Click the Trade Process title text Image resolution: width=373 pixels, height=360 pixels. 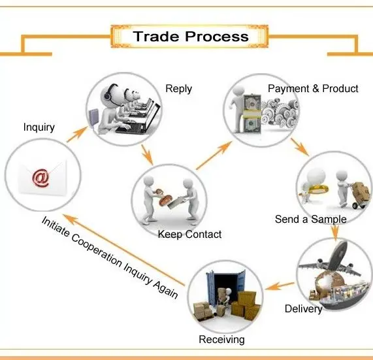coord(191,37)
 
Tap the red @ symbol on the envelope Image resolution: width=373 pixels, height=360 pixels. coord(41,178)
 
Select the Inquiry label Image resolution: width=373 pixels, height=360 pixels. coord(39,127)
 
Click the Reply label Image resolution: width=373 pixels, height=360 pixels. coord(178,89)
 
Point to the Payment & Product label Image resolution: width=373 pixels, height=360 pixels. coord(313,88)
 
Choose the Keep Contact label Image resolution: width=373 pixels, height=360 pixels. coord(189,235)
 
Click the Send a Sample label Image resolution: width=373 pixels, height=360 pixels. coord(310,219)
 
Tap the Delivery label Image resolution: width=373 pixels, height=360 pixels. coord(303,309)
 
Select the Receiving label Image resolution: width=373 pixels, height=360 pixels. coord(221,340)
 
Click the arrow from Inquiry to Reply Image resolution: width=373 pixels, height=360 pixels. coord(77,135)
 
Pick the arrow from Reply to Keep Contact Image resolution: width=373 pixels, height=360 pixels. coord(147,155)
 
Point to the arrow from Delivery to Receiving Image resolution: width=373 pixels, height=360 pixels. coord(280,286)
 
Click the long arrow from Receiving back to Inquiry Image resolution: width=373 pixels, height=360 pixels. coord(123,250)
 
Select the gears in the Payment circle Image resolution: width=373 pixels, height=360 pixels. coord(280,112)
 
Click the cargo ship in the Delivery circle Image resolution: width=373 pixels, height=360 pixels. coord(343,296)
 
